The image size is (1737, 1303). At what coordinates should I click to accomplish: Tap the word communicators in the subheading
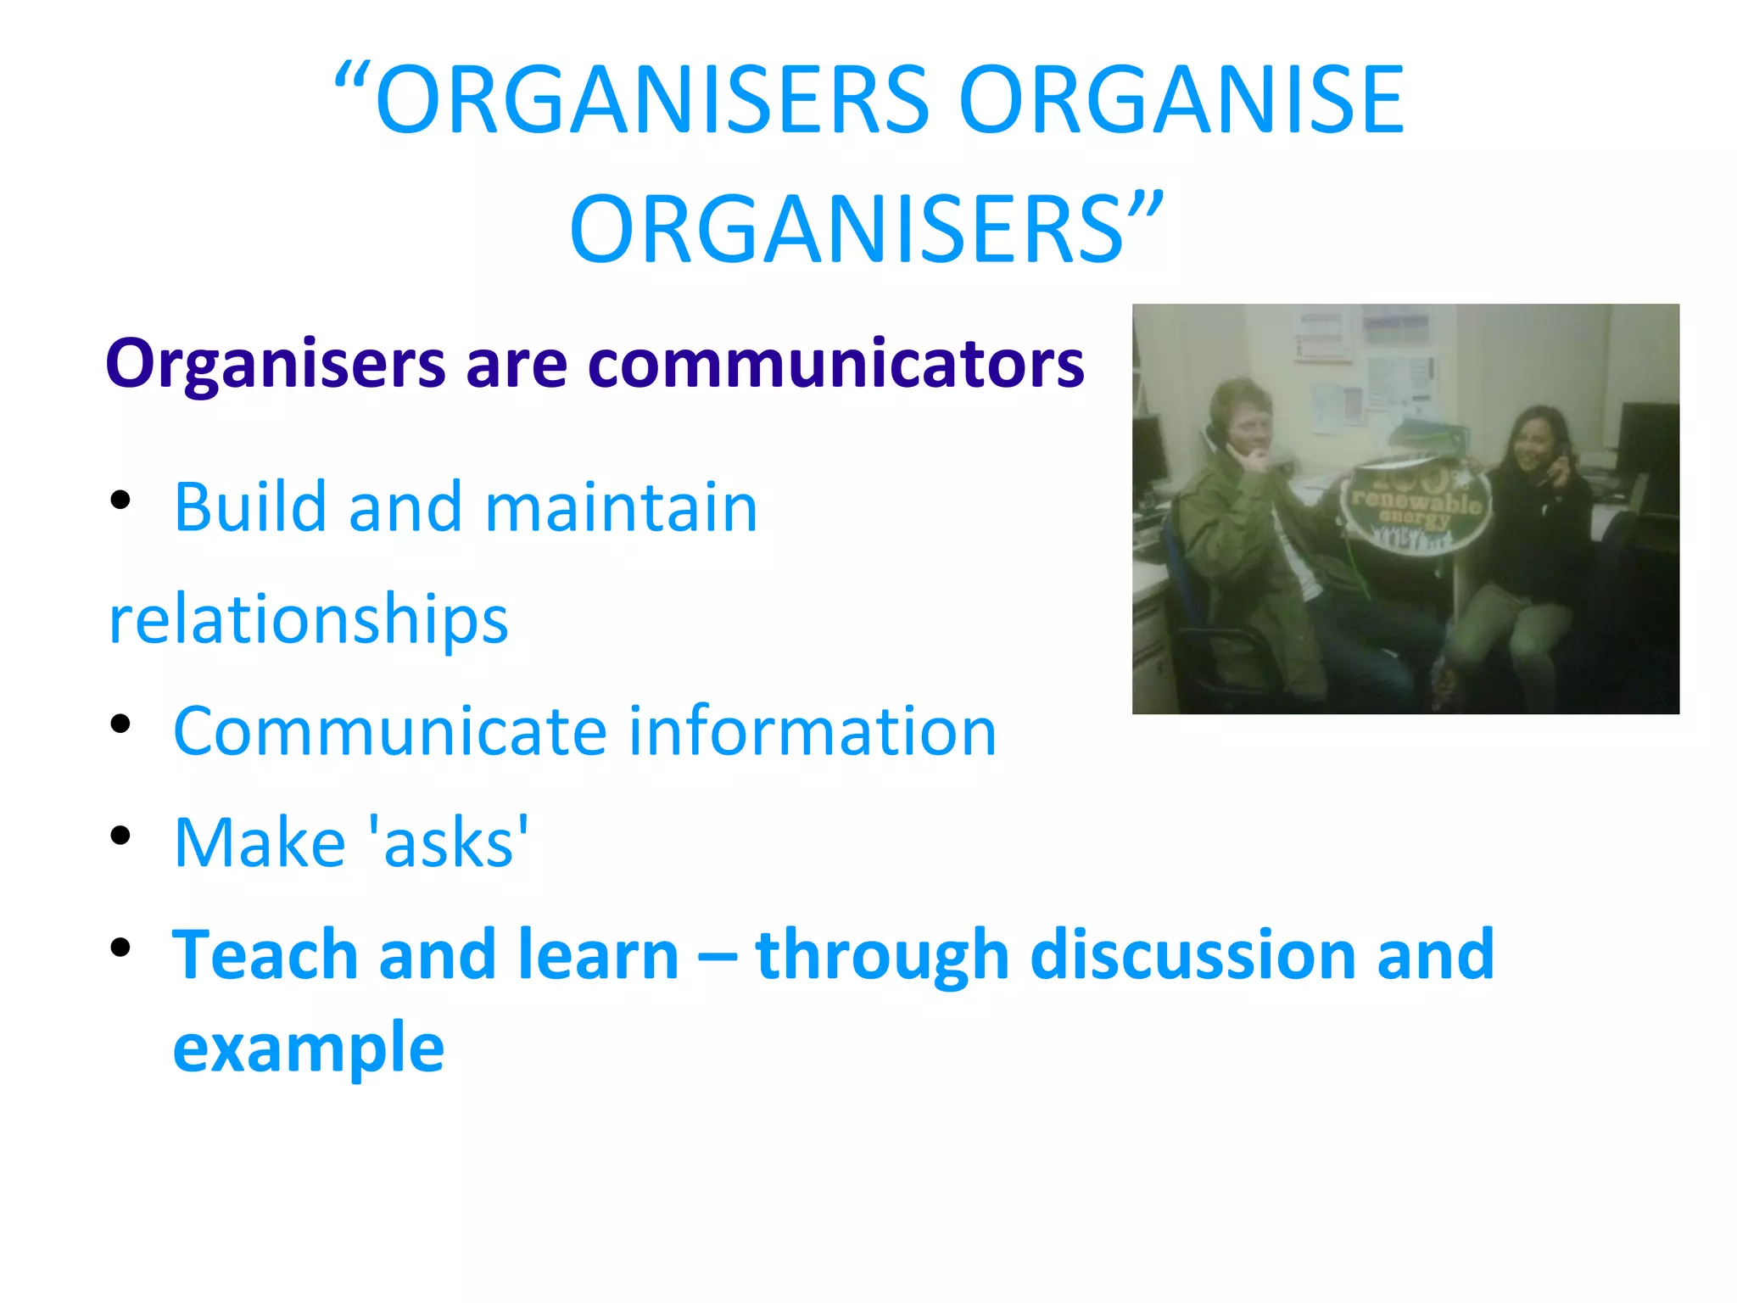pos(835,364)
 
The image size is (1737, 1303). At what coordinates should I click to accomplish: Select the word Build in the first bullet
pos(250,507)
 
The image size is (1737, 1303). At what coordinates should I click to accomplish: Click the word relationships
pos(309,619)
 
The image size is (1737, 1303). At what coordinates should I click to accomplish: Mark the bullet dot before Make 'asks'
pos(120,836)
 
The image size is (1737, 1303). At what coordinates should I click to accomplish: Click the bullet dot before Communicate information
pos(120,724)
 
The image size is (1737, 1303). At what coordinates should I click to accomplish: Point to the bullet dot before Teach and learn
pos(120,947)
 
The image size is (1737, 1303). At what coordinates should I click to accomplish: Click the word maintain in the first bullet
pos(621,507)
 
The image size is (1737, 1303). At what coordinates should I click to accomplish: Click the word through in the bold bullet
pos(882,954)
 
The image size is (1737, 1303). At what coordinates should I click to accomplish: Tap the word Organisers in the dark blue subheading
pos(275,364)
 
